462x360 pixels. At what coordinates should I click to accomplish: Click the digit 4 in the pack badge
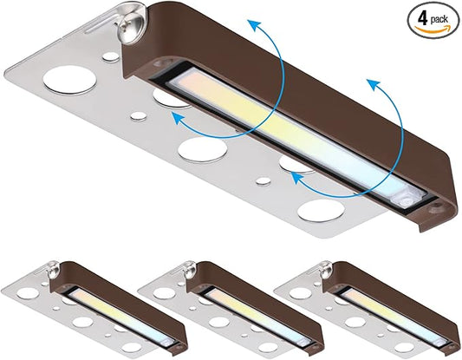(x=422, y=19)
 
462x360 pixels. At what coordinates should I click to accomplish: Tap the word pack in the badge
(x=439, y=20)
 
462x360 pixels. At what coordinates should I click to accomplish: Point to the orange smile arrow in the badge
(x=433, y=29)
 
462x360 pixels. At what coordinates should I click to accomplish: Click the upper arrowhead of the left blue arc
(x=254, y=24)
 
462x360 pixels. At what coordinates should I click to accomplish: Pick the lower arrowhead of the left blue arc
(x=178, y=118)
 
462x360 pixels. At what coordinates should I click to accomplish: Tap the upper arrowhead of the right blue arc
(x=373, y=84)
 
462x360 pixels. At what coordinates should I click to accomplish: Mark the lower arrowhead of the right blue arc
(x=297, y=178)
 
